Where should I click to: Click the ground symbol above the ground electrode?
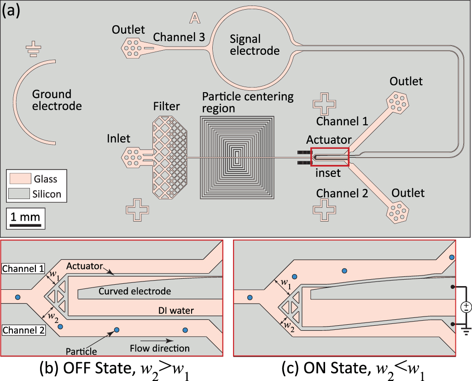32,49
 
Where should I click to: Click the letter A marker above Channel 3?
195,18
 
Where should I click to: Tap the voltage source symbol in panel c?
466,306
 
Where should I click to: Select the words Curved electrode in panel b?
134,291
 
